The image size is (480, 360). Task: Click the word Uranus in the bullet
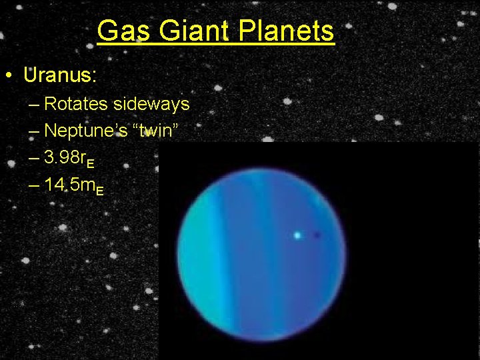coord(58,75)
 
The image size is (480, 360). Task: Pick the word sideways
coord(151,105)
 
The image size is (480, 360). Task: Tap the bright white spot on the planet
coord(297,235)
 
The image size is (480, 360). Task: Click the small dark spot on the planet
coord(317,235)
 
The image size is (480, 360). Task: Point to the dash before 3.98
coord(34,159)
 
